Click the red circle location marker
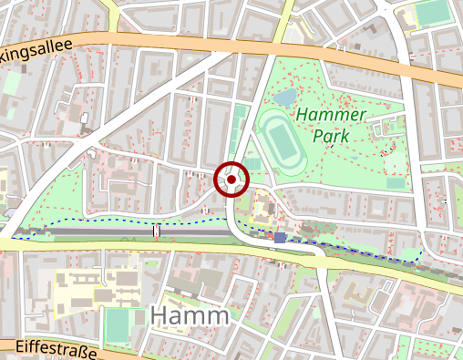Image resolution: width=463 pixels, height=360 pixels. point(231,180)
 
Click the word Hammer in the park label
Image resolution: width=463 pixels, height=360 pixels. point(330,116)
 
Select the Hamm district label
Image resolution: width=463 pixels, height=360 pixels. point(189,316)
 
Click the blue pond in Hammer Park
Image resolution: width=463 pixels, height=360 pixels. point(284,95)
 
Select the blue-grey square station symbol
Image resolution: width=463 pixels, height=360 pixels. point(280,237)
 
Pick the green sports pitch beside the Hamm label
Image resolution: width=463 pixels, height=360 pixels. point(119,322)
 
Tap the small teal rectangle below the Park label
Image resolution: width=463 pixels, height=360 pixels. point(395,183)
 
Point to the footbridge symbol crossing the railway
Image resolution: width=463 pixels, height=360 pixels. point(157,231)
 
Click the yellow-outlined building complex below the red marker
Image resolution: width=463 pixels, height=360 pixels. point(267,210)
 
